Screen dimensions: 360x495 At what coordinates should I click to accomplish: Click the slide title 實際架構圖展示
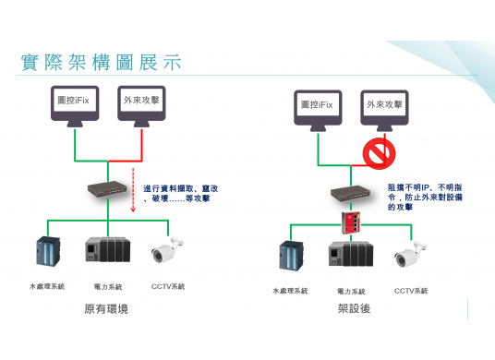(x=100, y=63)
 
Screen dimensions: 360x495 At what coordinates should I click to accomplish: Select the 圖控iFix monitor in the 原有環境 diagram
(x=75, y=103)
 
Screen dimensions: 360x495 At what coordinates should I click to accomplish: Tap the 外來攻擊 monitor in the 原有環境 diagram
(x=141, y=103)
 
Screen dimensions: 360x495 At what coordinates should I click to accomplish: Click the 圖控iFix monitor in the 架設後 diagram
(x=318, y=107)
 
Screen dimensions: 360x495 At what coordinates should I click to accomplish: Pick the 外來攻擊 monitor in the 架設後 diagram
(x=384, y=107)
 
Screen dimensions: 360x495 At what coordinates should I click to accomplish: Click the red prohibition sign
(x=379, y=153)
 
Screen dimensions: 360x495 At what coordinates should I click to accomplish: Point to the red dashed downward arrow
(x=133, y=189)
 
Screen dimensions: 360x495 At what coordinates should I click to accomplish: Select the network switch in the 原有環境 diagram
(x=109, y=190)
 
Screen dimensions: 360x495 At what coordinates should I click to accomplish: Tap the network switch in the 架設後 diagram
(x=351, y=194)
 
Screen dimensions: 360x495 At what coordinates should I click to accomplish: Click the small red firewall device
(x=352, y=221)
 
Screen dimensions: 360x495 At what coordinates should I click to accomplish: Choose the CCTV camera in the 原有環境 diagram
(x=167, y=250)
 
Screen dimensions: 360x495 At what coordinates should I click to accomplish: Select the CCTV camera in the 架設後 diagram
(x=410, y=254)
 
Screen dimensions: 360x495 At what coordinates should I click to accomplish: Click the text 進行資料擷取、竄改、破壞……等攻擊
(x=180, y=193)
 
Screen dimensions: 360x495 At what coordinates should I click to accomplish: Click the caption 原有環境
(x=107, y=309)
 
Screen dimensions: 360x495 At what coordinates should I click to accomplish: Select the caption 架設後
(x=354, y=308)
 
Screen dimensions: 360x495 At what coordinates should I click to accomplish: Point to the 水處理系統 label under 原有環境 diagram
(x=47, y=286)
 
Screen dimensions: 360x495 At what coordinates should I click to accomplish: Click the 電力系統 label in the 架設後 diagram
(x=351, y=291)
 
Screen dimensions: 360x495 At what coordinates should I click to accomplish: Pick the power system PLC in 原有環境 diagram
(x=107, y=250)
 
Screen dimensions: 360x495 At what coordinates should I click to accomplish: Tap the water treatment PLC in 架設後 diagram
(x=292, y=256)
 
